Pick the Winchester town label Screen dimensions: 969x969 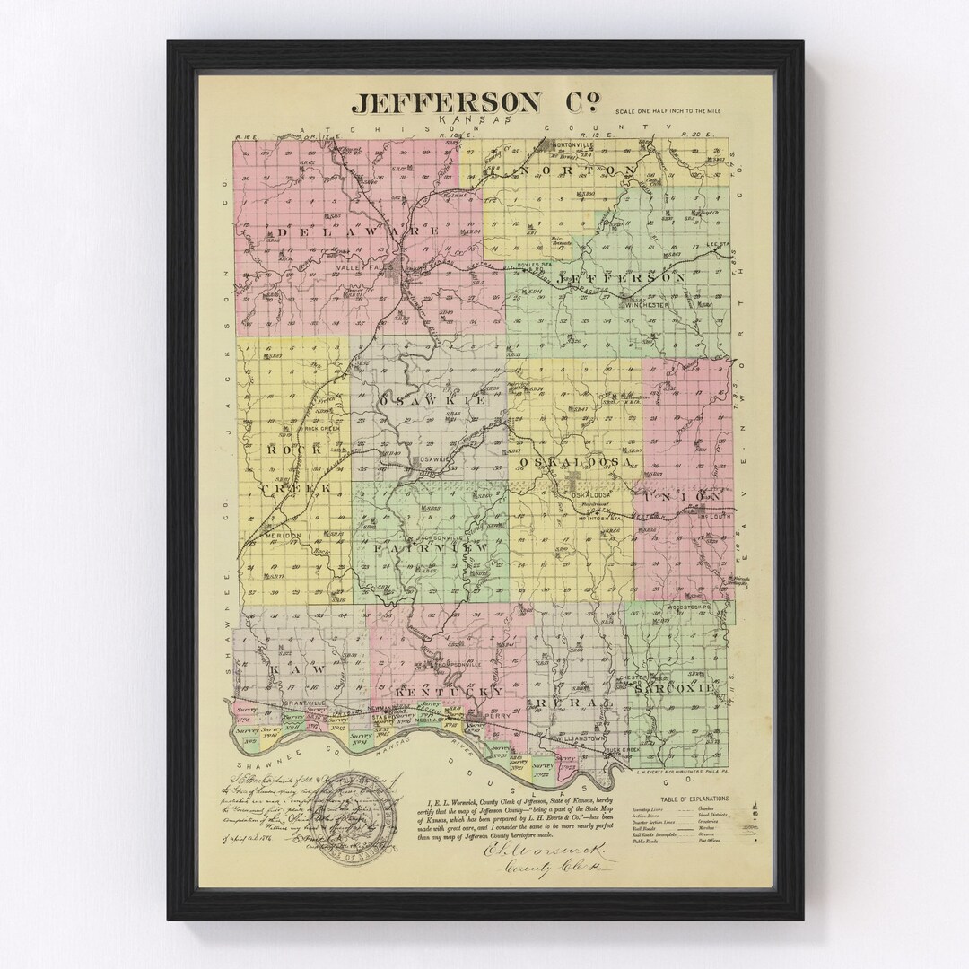[x=648, y=304]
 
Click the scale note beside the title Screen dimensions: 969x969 [x=668, y=110]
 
